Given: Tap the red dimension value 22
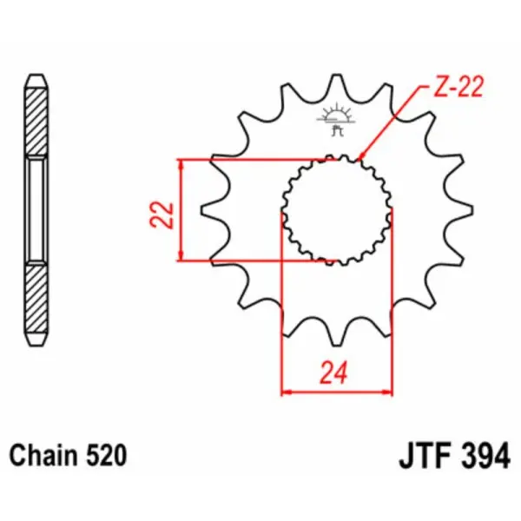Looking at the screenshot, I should point(162,214).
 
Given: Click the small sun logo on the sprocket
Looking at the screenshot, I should point(336,115).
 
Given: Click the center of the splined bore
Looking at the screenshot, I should point(336,209).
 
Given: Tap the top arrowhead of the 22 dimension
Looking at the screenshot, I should point(181,165).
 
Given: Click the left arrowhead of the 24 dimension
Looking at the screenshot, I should point(287,392).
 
